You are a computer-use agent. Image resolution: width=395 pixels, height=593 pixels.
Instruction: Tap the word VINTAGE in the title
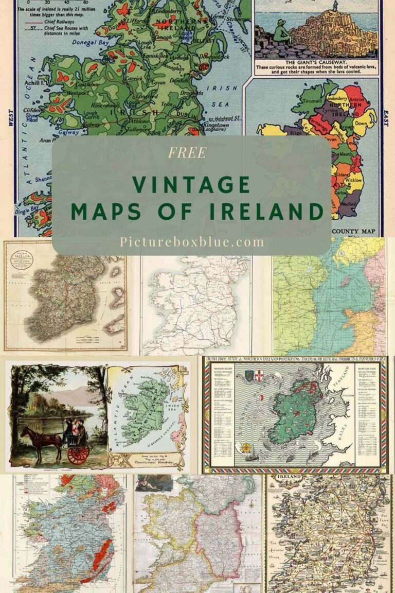click(191, 184)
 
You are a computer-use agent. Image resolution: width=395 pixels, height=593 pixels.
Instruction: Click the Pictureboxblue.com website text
click(192, 241)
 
